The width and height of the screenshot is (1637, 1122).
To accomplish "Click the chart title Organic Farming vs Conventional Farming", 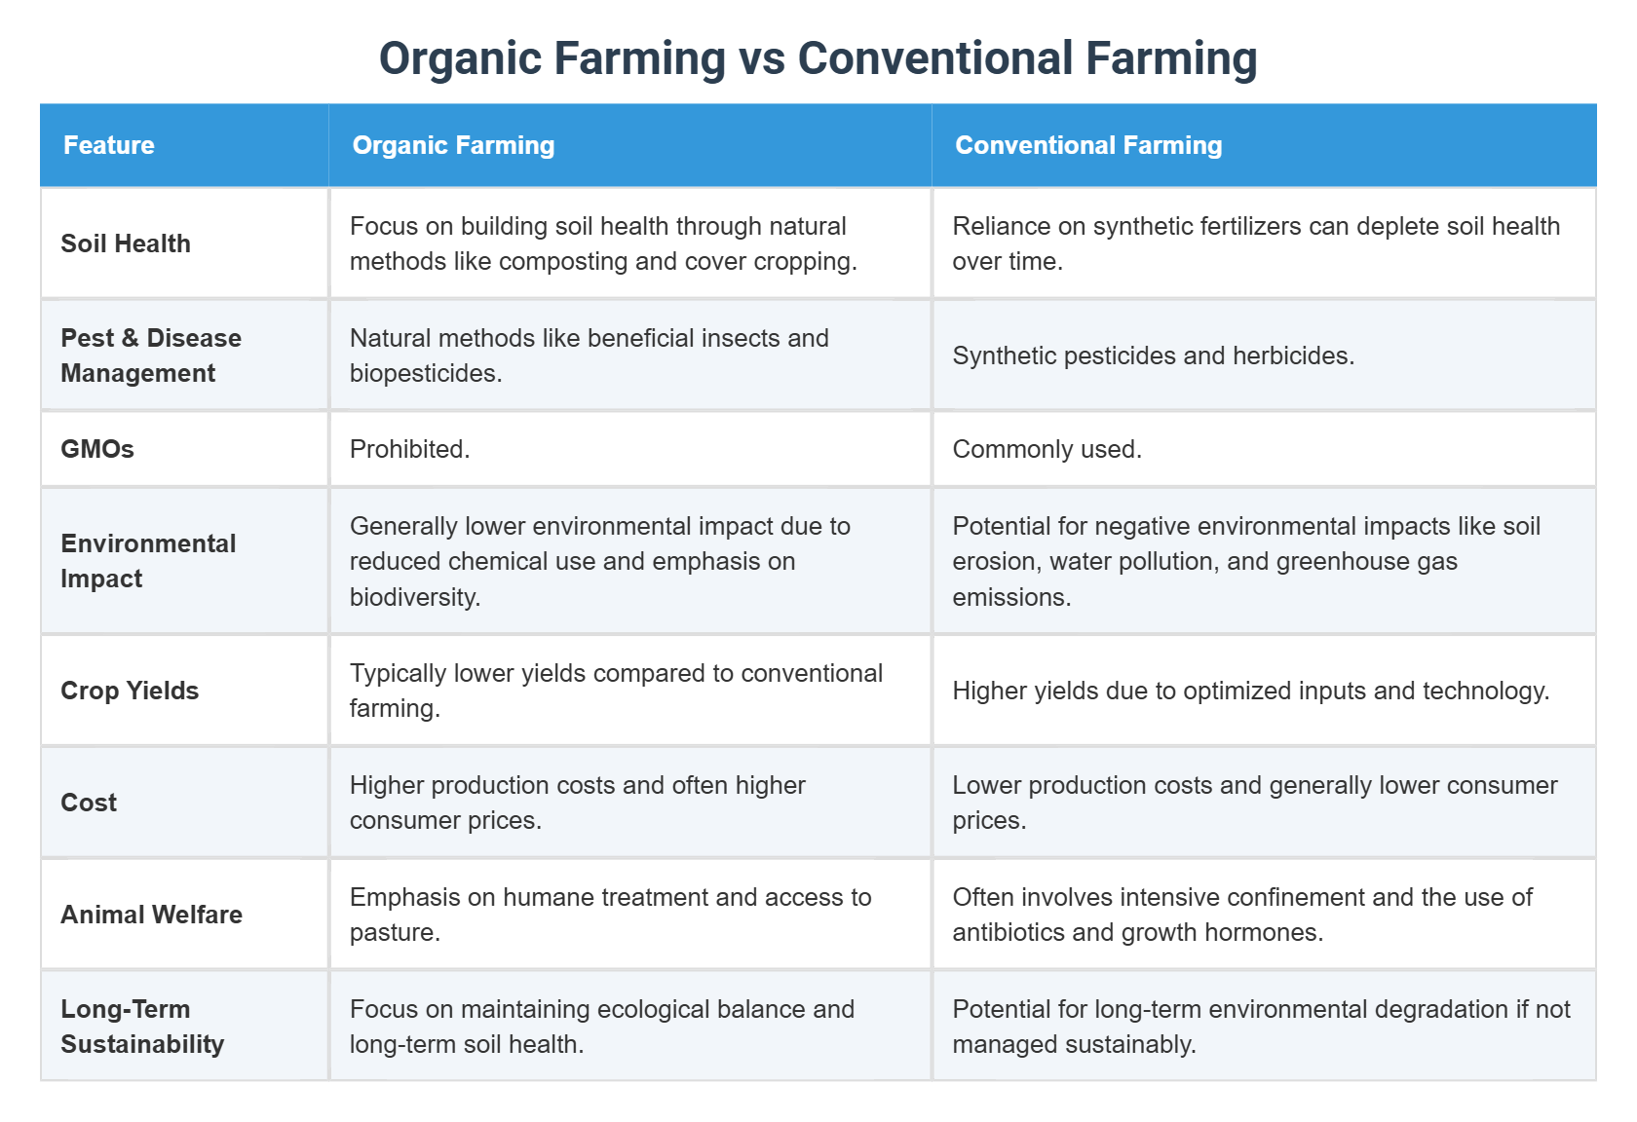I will [x=818, y=58].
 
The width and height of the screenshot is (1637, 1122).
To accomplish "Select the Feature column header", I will [x=109, y=145].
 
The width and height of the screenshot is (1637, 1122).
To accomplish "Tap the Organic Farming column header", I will [x=453, y=145].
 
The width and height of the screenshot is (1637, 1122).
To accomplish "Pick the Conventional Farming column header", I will [x=1088, y=145].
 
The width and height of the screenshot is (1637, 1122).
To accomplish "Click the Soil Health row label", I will [x=126, y=243].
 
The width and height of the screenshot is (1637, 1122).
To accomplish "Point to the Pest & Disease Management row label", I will [x=151, y=355].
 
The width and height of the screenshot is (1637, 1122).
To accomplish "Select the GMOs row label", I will [x=97, y=449].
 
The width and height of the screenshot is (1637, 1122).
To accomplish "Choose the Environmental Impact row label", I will [x=148, y=561].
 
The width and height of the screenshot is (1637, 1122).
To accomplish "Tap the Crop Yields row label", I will [x=130, y=691].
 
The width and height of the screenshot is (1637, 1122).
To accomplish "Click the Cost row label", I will [x=89, y=803].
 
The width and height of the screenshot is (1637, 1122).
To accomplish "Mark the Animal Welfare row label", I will [x=151, y=915].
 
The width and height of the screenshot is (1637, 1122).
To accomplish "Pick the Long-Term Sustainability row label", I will [x=142, y=1027].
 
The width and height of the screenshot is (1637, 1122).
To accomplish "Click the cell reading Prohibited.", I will [x=409, y=449].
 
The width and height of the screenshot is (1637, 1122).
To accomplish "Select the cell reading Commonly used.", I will [x=1047, y=449].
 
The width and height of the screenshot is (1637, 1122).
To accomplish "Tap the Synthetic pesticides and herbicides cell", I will [x=1153, y=355].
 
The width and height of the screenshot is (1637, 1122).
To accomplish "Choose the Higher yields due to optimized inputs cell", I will [x=1250, y=691].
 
